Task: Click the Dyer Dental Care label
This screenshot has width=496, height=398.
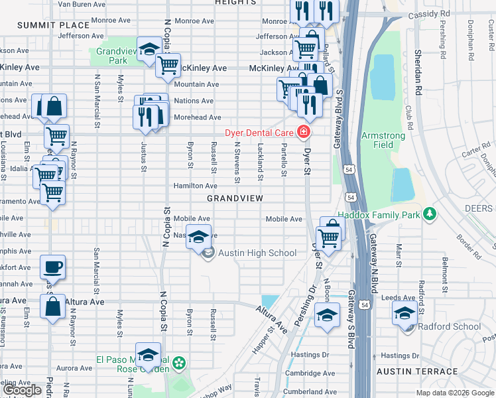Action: click(261, 132)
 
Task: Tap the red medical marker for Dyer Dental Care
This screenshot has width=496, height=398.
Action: click(304, 132)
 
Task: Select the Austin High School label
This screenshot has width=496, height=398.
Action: click(257, 253)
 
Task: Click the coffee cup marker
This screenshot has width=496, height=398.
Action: click(52, 267)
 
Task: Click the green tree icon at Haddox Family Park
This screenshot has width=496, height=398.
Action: click(430, 214)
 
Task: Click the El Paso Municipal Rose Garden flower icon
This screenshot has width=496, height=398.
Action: click(178, 364)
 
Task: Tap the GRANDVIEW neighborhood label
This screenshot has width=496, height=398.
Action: click(235, 198)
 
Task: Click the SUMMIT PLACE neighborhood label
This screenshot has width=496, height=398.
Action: click(44, 25)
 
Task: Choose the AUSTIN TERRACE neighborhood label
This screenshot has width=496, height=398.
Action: click(417, 371)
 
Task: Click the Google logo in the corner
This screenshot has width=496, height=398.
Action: click(23, 390)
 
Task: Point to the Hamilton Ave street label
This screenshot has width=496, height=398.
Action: click(196, 186)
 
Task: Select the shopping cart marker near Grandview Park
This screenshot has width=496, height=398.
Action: click(168, 65)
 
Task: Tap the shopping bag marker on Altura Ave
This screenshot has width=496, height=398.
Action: click(52, 307)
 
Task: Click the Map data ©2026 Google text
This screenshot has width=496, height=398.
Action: click(455, 393)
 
